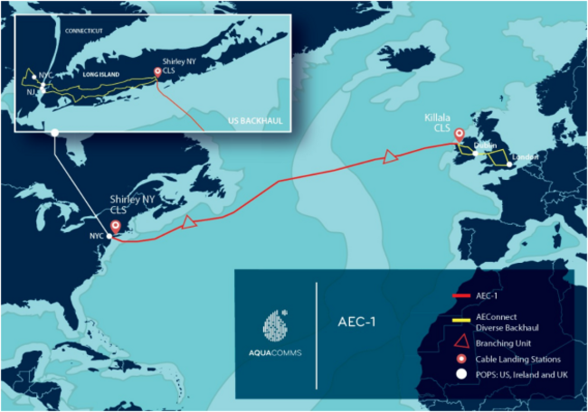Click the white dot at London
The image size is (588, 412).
tap(509, 164)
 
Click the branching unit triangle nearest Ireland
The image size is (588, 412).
tap(391, 157)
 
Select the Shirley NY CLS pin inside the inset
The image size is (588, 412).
tap(158, 72)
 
